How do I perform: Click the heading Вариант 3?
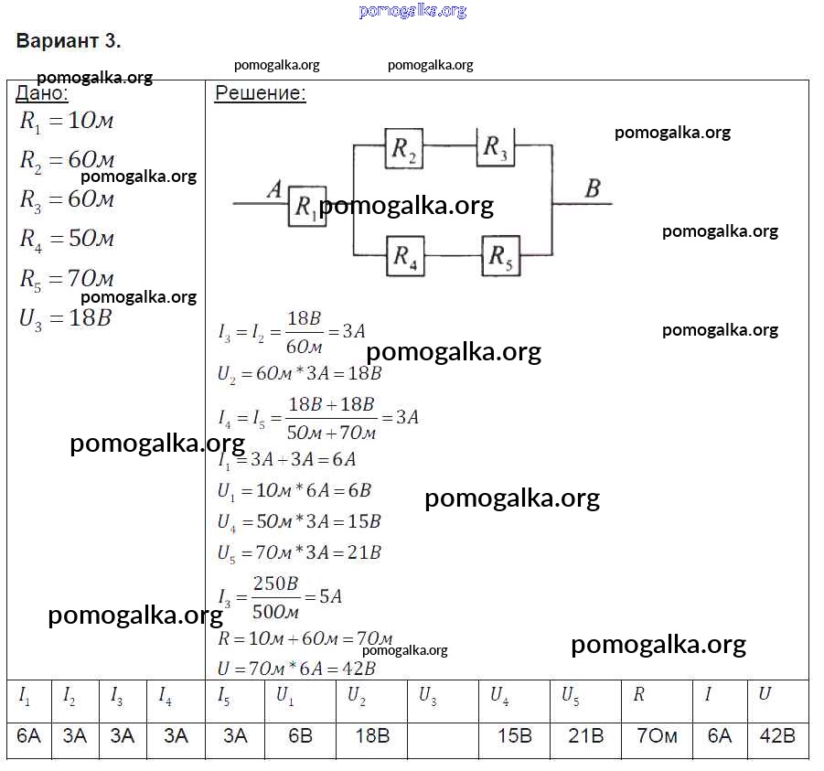coord(69,41)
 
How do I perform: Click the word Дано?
coord(41,93)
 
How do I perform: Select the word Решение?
coord(261,93)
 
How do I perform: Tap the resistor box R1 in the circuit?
coord(307,207)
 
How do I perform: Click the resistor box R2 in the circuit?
coord(405,149)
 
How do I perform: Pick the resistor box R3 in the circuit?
coord(495,146)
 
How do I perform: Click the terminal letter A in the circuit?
coord(273,189)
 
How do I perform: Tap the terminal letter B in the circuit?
coord(593,189)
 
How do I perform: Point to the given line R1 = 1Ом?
coord(67,122)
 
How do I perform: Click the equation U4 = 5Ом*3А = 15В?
coord(299,522)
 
